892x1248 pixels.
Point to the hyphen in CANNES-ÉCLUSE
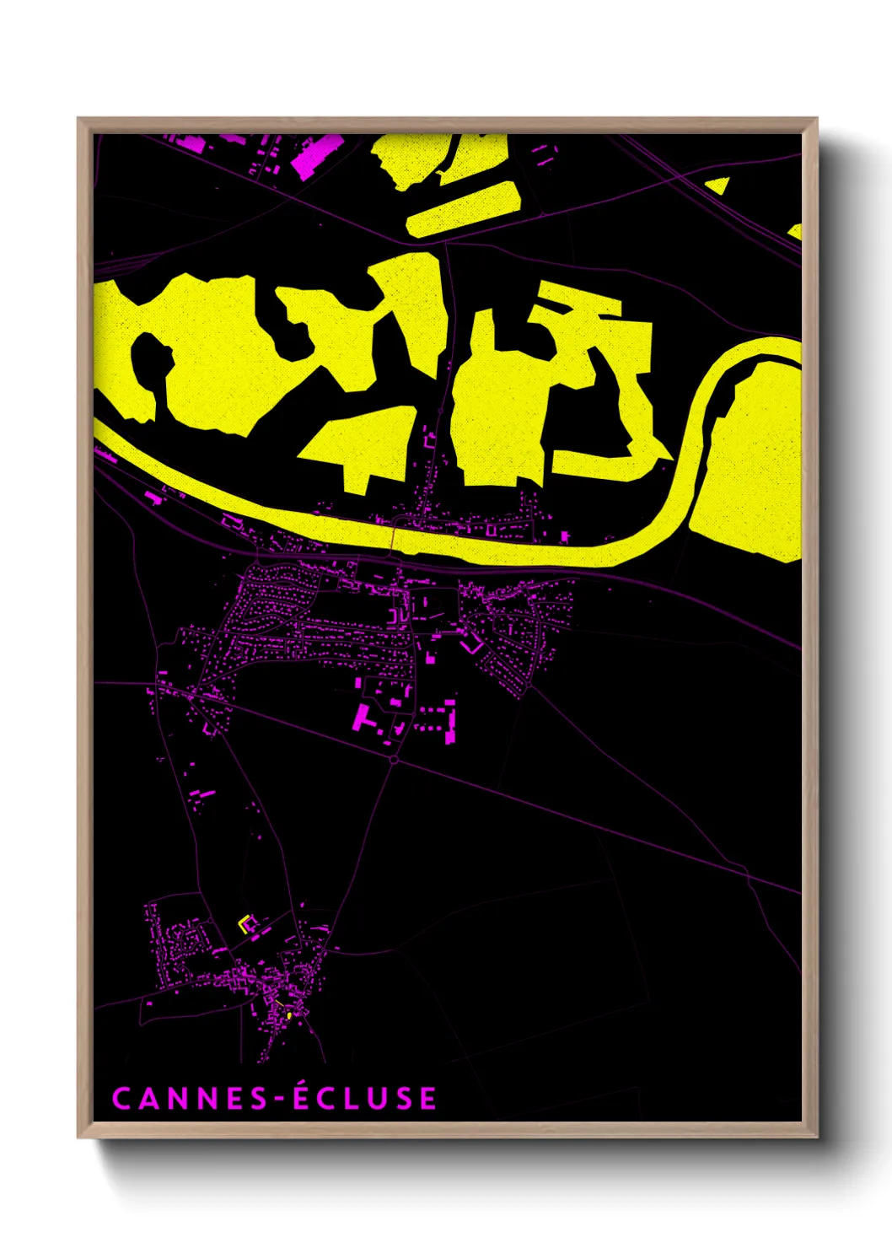[x=275, y=1100]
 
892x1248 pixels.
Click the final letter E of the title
[x=427, y=1099]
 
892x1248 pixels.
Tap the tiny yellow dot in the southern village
[x=288, y=1016]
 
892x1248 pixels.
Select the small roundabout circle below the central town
[x=394, y=760]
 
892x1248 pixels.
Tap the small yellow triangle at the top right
[x=721, y=186]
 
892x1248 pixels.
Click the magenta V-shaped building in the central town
[x=470, y=646]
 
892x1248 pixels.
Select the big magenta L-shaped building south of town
[x=363, y=717]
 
